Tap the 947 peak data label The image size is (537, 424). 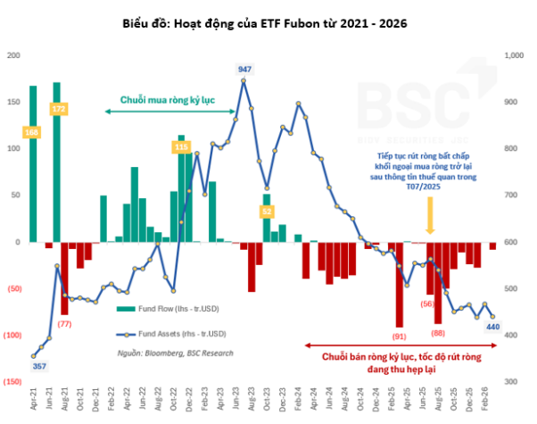pos(244,69)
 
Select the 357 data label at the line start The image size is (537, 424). pos(40,366)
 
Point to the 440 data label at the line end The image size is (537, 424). pos(492,327)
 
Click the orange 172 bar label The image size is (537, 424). pos(59,109)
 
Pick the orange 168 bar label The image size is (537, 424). pos(32,132)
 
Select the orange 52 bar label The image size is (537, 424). pos(267,212)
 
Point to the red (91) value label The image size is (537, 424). pos(399,336)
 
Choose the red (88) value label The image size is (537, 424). pos(438,333)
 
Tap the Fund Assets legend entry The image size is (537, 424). pos(169,334)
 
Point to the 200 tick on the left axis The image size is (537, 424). pos(12,55)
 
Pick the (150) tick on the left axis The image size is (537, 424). pos(12,381)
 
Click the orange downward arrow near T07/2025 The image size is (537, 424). pos(430,214)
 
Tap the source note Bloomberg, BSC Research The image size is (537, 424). pos(175,353)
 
